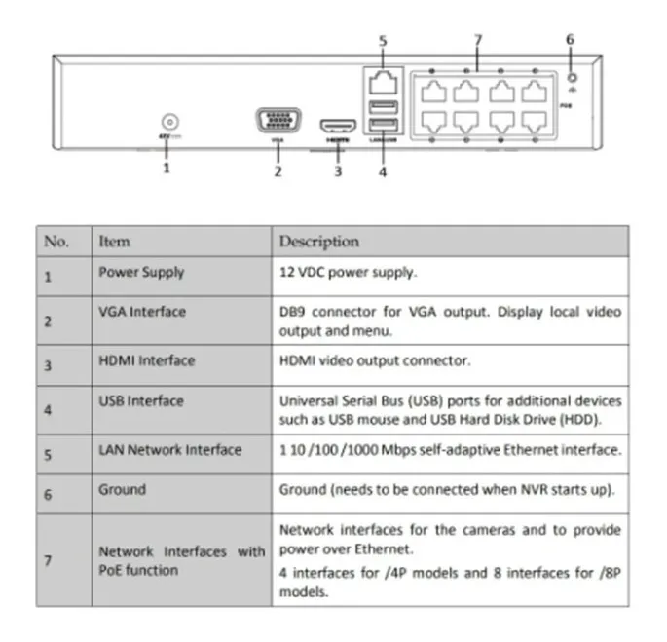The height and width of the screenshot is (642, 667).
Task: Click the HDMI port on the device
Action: tap(338, 127)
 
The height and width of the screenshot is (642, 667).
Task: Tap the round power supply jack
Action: tap(169, 123)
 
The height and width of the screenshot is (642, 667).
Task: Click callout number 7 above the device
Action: tap(477, 41)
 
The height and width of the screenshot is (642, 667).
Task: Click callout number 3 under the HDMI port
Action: tap(338, 171)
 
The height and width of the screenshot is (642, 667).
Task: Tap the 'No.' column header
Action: tap(56, 241)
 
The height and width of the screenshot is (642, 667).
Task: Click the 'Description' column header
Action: tap(319, 241)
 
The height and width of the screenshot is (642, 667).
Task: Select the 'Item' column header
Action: tap(114, 241)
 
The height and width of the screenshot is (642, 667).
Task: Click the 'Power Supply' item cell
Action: tap(141, 273)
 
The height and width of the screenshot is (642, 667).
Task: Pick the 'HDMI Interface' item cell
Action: tap(146, 360)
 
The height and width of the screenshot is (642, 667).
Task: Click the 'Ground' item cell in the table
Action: tap(122, 490)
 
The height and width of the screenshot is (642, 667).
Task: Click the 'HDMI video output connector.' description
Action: tap(376, 360)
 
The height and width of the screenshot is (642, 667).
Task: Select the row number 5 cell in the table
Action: tap(47, 453)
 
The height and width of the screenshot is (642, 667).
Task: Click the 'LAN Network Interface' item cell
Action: tap(169, 450)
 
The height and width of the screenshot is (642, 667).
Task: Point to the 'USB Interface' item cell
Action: tap(141, 400)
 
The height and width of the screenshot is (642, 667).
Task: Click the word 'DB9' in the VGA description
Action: tap(293, 312)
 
